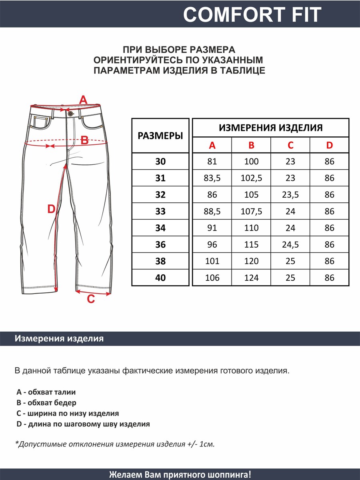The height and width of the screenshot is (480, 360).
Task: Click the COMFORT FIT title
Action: point(252,15)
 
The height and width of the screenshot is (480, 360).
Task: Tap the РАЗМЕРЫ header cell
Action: point(160,136)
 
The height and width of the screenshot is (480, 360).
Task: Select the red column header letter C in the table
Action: point(290,145)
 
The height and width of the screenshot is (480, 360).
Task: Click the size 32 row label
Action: point(160,195)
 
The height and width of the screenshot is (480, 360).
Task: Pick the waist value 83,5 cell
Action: point(212,178)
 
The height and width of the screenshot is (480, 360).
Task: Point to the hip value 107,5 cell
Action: point(251,211)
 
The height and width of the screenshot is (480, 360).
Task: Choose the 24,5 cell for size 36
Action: point(290,244)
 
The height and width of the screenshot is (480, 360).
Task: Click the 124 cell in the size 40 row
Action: point(251,278)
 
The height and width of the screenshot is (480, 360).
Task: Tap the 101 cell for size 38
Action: point(212,261)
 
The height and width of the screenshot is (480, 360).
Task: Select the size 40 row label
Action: point(160,278)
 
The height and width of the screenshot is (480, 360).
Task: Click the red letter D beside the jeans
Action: point(51,209)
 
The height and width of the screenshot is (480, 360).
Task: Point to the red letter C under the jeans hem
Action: point(91,298)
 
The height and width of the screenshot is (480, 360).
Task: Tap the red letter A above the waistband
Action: point(83,100)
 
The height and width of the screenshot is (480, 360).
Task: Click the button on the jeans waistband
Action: point(71,114)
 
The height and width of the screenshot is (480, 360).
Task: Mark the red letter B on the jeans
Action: point(84,140)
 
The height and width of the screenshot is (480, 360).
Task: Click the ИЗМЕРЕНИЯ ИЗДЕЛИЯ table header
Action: point(271,128)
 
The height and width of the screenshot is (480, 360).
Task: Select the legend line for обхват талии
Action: point(46,392)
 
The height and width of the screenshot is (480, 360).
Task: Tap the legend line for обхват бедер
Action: point(46,403)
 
